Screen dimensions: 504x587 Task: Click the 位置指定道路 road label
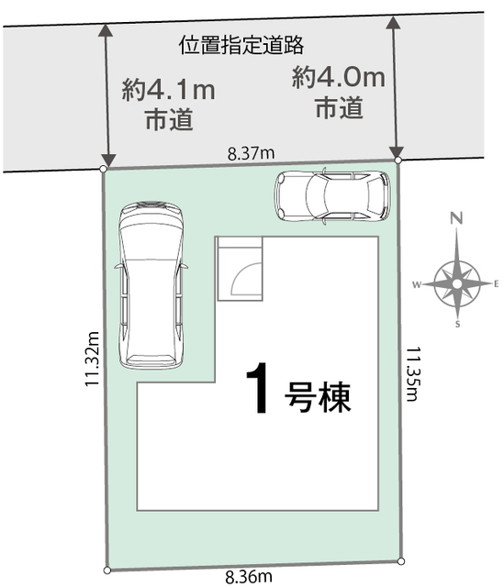pyautogui.click(x=241, y=45)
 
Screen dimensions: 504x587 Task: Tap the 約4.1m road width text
pyautogui.click(x=169, y=90)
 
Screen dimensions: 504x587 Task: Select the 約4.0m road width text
pyautogui.click(x=339, y=77)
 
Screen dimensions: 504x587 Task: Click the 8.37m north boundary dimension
pyautogui.click(x=251, y=153)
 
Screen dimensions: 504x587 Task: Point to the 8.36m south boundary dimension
pyautogui.click(x=249, y=577)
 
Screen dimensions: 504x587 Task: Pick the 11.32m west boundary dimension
pyautogui.click(x=92, y=359)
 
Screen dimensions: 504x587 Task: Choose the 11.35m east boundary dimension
pyautogui.click(x=413, y=373)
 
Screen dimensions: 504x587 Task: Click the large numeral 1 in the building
pyautogui.click(x=257, y=388)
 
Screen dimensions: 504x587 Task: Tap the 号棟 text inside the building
pyautogui.click(x=318, y=397)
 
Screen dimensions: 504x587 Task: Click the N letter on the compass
pyautogui.click(x=456, y=218)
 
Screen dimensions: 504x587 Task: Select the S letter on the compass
pyautogui.click(x=457, y=324)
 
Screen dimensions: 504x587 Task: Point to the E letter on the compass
pyautogui.click(x=496, y=284)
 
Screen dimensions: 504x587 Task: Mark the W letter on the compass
pyautogui.click(x=417, y=285)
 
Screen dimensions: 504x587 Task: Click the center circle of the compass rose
pyautogui.click(x=457, y=284)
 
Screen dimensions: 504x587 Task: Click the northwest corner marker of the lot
pyautogui.click(x=104, y=169)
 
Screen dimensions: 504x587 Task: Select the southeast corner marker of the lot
pyautogui.click(x=401, y=561)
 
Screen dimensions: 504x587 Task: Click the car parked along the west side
pyautogui.click(x=151, y=285)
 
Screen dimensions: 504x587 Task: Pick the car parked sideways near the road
pyautogui.click(x=332, y=195)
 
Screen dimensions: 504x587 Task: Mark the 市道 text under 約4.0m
pyautogui.click(x=339, y=107)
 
